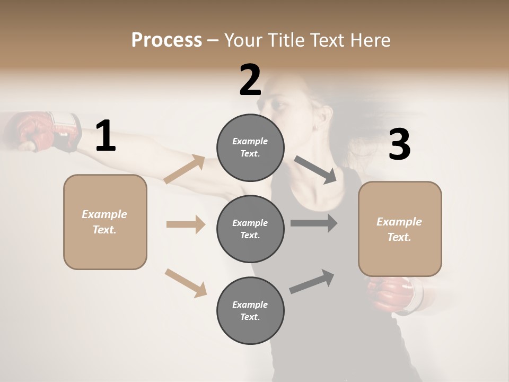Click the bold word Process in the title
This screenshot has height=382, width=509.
[166, 40]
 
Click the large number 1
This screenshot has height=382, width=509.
[106, 136]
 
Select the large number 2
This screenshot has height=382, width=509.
[250, 80]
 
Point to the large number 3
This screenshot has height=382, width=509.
[399, 145]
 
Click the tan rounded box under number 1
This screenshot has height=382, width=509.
[105, 222]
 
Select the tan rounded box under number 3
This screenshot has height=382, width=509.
[400, 229]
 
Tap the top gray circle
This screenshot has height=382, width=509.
[250, 147]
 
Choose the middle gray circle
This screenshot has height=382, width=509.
[250, 229]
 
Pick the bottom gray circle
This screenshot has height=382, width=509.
[250, 310]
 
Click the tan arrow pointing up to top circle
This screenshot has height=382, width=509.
[185, 169]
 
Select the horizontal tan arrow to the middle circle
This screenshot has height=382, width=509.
[186, 224]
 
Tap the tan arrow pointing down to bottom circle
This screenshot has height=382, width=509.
[186, 283]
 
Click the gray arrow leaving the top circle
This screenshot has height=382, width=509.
[315, 170]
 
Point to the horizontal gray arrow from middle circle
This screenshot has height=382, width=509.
[314, 223]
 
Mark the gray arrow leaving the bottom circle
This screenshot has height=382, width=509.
[312, 281]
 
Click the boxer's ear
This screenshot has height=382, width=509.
[315, 127]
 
